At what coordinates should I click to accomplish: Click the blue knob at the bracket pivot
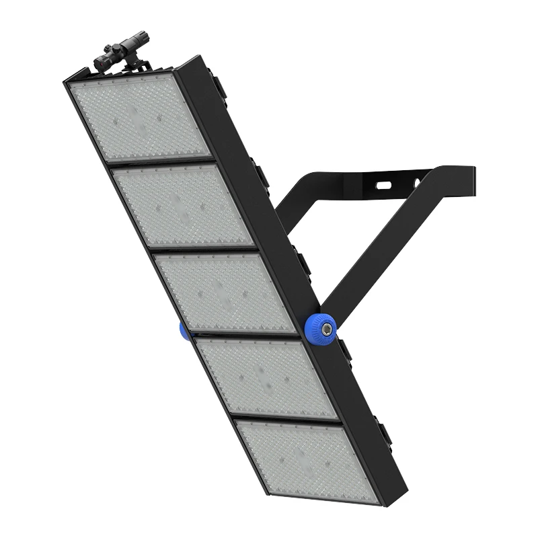323,326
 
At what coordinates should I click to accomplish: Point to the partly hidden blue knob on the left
184,330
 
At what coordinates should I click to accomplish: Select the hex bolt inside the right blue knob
325,327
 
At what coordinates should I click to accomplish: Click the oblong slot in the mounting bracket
384,183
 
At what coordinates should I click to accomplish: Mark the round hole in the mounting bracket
418,182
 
